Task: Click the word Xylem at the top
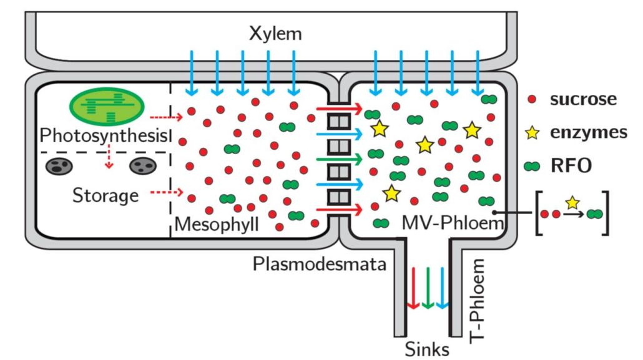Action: point(275,33)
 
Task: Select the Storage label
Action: point(106,195)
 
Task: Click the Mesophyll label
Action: point(215,223)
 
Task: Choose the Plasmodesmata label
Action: point(320,264)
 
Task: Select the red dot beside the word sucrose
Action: point(532,99)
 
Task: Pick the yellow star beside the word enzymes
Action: point(532,132)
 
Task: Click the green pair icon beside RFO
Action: point(532,166)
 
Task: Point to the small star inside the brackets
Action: point(571,202)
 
